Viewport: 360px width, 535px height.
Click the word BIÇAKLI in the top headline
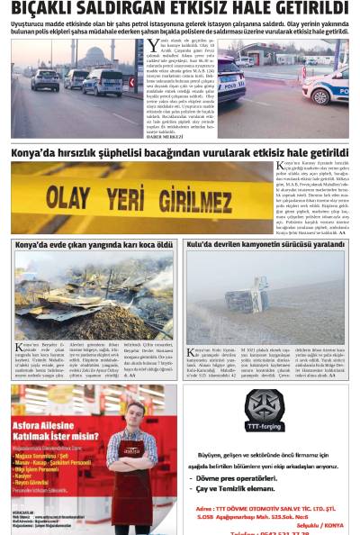(45, 9)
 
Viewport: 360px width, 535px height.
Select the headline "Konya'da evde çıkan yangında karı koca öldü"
(94, 244)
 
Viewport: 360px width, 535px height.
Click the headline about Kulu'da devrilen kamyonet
(265, 244)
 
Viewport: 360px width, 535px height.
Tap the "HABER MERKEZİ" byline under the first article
(166, 136)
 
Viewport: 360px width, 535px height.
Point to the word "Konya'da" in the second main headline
(35, 153)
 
